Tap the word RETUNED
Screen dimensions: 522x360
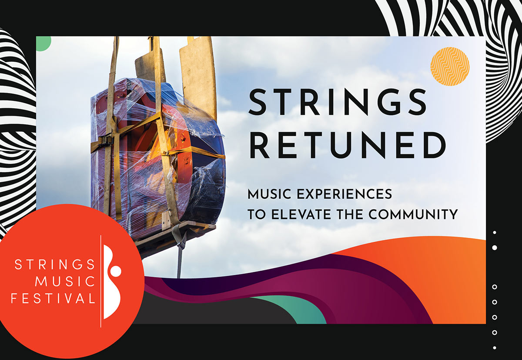348,145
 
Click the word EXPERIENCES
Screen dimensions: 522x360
345,194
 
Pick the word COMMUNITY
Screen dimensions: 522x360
413,214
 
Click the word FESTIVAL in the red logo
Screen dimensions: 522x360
53,298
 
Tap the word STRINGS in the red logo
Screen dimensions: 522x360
55,264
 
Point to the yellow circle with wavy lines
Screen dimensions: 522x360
450,67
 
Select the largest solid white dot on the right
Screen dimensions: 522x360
495,247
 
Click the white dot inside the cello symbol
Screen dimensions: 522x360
116,271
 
